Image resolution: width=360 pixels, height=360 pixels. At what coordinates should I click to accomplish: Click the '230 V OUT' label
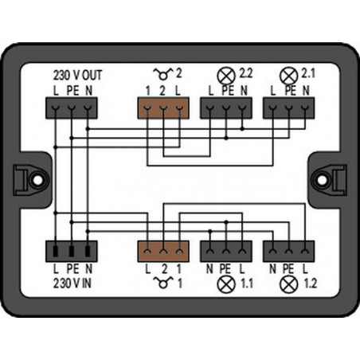pos(77,75)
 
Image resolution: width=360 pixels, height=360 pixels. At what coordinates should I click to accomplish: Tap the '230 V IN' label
pos(72,284)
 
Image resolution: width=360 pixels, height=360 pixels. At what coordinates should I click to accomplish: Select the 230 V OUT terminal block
pos(72,108)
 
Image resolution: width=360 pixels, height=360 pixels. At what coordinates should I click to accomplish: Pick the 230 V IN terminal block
pos(72,251)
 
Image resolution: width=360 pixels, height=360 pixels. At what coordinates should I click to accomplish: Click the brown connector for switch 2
pos(163,108)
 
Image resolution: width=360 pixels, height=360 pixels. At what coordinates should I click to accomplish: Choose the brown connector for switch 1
pos(163,251)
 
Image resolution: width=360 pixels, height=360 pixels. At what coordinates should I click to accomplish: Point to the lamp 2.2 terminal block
pos(226,108)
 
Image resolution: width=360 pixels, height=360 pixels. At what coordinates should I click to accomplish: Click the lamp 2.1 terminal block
pos(289,108)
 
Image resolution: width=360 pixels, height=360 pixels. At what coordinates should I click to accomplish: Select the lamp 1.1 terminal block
pos(226,251)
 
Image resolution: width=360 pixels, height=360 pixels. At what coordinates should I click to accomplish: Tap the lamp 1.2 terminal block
pos(289,251)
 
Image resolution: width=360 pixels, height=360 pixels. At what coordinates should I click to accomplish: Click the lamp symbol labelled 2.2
pos(226,76)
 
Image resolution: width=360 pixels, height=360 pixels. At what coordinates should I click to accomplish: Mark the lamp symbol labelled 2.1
pos(289,76)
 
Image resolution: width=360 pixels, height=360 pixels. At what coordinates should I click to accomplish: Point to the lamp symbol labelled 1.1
pos(226,284)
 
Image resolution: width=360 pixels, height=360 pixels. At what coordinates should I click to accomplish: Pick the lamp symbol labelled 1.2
pos(289,284)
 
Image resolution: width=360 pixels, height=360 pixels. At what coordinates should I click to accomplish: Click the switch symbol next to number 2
pos(163,74)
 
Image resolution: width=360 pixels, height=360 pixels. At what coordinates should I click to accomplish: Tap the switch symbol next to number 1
pos(163,283)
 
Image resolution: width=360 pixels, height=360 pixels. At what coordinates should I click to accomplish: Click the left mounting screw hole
pos(37,180)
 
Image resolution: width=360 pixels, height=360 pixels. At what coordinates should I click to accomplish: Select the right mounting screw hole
pos(322,180)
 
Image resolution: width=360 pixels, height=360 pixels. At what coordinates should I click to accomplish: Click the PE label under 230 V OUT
pos(72,91)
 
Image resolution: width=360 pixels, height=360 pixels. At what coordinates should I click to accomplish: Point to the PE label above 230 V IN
pos(72,269)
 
